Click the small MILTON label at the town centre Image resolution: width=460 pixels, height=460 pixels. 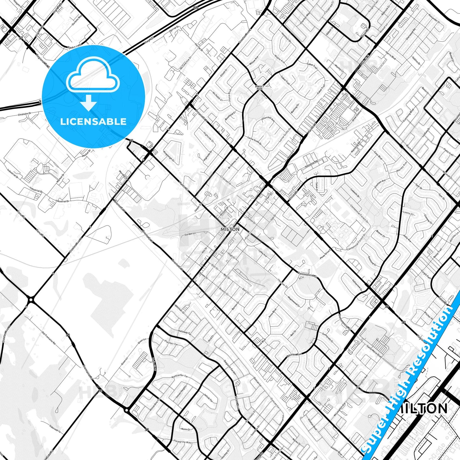(230, 229)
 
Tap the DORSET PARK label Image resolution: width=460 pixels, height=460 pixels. (260, 87)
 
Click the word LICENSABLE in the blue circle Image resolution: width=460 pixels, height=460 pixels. (93, 121)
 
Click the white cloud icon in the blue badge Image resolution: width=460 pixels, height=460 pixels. (92, 77)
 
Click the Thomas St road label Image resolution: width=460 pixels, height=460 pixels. (282, 284)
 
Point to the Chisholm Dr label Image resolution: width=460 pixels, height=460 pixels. (25, 114)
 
